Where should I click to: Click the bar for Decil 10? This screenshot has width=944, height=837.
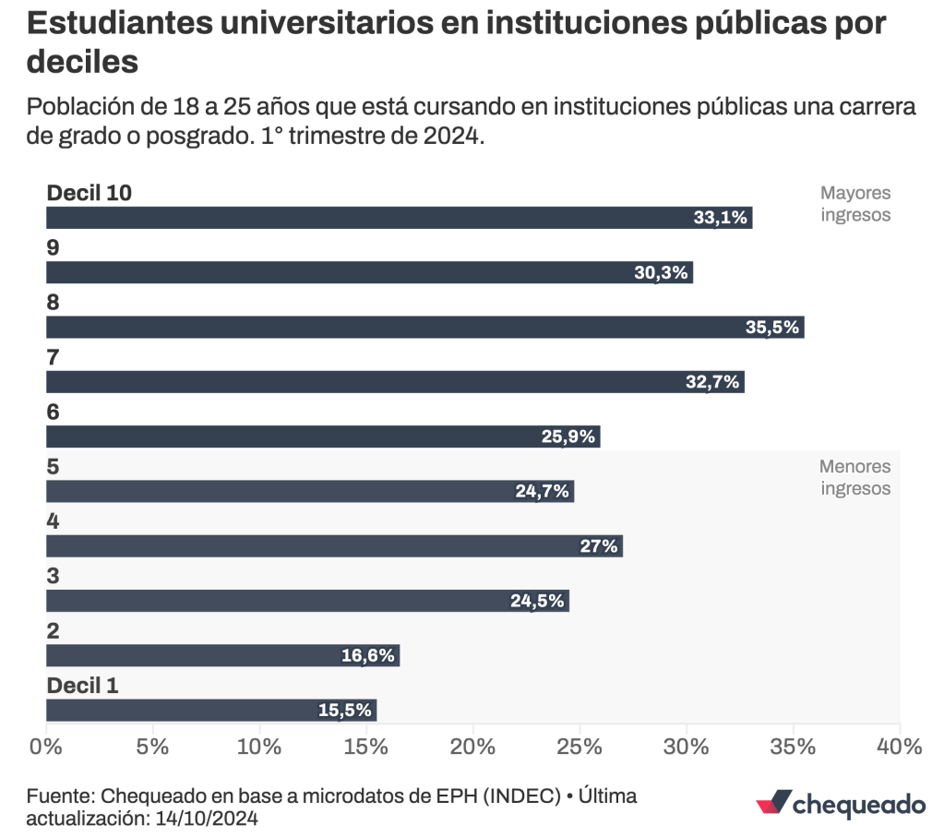(x=399, y=218)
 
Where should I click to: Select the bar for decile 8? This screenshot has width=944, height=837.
(x=424, y=328)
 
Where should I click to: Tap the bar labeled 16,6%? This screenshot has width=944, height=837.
(x=222, y=656)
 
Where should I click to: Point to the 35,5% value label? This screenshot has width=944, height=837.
(x=771, y=328)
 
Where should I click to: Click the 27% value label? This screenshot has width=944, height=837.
(x=598, y=546)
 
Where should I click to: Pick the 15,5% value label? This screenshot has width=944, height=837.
(x=344, y=711)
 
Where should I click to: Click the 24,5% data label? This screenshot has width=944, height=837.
(x=537, y=601)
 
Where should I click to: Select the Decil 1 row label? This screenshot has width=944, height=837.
(x=82, y=686)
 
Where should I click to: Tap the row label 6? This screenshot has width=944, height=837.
(x=53, y=413)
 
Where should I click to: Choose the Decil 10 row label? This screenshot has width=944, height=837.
(x=90, y=193)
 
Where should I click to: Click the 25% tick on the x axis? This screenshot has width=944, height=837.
(x=580, y=747)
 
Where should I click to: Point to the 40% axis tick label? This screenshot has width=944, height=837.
(x=899, y=747)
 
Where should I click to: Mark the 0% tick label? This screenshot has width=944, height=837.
(x=46, y=747)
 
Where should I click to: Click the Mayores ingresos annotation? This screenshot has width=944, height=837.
(x=855, y=204)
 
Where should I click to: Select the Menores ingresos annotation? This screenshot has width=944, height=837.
(x=855, y=477)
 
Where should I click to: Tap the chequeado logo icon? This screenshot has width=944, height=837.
(x=771, y=803)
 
